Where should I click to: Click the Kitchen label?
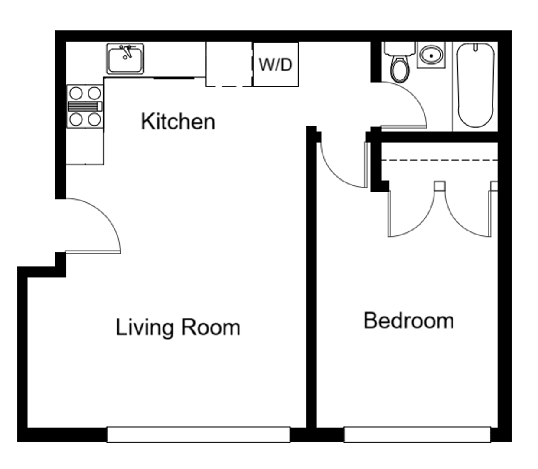[x=178, y=121]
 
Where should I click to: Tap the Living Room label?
[x=178, y=327]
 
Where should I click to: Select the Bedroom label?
[x=408, y=320]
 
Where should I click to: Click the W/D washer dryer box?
[x=276, y=64]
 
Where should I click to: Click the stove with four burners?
[x=85, y=106]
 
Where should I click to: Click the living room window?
[x=198, y=434]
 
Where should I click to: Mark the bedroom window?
[x=417, y=434]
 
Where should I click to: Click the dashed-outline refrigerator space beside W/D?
[x=229, y=64]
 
